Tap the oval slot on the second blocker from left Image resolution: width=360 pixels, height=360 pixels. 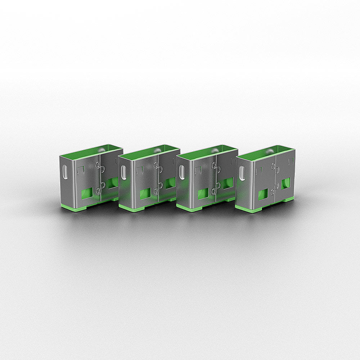point(123,172)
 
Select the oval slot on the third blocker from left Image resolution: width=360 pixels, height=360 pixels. point(182,172)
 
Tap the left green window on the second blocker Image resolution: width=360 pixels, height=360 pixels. point(145,194)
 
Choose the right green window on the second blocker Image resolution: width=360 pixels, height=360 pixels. point(170,183)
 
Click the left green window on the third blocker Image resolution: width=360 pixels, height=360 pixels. point(203,194)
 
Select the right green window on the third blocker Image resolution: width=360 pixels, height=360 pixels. point(228,183)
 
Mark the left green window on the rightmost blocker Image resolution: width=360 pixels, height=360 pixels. point(263,194)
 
